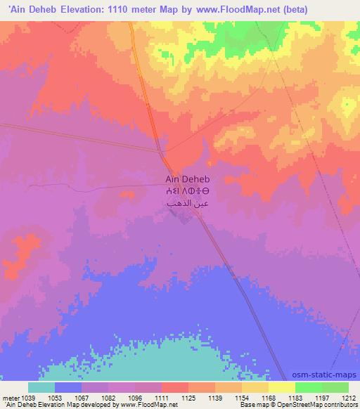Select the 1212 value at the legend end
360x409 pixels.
coord(348,397)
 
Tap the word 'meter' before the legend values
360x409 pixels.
coord(8,397)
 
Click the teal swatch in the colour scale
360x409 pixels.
coord(41,387)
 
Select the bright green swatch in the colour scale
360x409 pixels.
coord(308,387)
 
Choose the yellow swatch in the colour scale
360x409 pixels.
coord(281,387)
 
